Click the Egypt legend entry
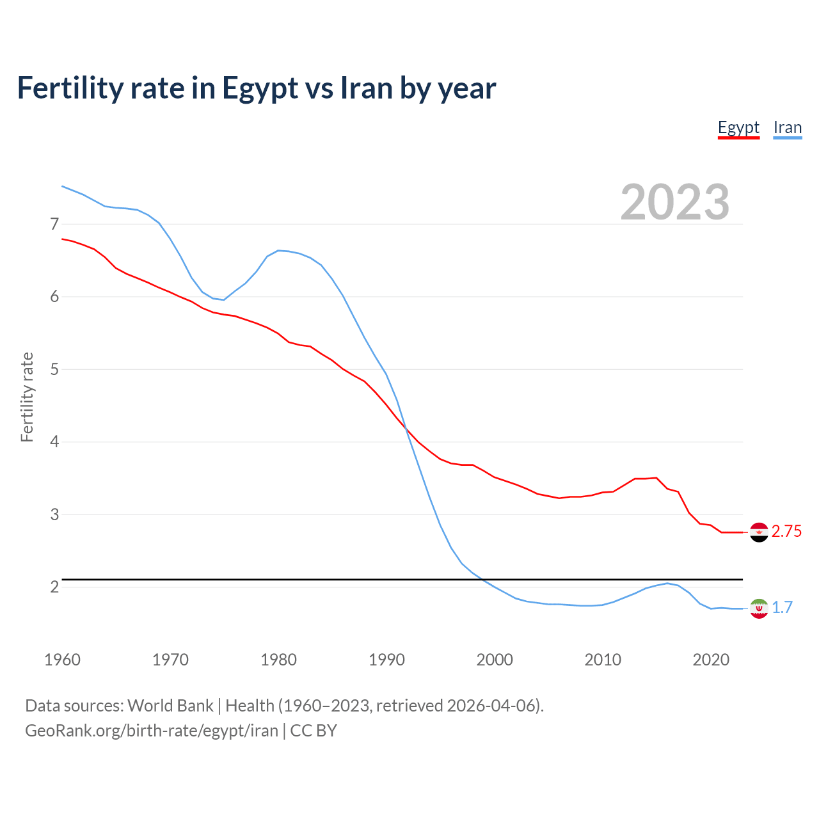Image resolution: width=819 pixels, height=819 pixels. tap(738, 128)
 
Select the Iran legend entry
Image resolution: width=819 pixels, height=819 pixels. tap(787, 128)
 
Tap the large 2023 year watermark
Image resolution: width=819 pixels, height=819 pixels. tap(674, 202)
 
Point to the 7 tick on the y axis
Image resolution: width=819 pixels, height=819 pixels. tap(54, 224)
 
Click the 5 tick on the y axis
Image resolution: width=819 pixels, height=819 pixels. tap(54, 369)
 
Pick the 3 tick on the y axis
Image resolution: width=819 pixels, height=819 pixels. tap(54, 514)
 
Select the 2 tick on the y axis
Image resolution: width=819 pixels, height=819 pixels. tap(54, 587)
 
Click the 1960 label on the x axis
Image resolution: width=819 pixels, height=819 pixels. tap(62, 660)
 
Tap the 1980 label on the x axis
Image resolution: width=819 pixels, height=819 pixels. tap(278, 660)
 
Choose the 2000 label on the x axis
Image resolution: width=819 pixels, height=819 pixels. tap(495, 660)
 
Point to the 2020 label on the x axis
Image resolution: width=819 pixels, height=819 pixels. tap(711, 660)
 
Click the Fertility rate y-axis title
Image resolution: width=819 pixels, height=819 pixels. tap(27, 397)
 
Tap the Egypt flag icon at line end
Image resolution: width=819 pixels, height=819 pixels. tap(759, 532)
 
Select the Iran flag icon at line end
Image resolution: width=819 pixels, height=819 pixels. tap(759, 608)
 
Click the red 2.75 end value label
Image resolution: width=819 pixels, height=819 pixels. tap(786, 532)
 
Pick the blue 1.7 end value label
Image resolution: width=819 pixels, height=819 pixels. tap(782, 608)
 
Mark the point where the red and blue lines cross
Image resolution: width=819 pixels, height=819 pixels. tap(406, 429)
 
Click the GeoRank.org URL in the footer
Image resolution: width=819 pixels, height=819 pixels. tap(152, 731)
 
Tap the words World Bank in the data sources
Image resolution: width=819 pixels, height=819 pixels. tap(170, 706)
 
